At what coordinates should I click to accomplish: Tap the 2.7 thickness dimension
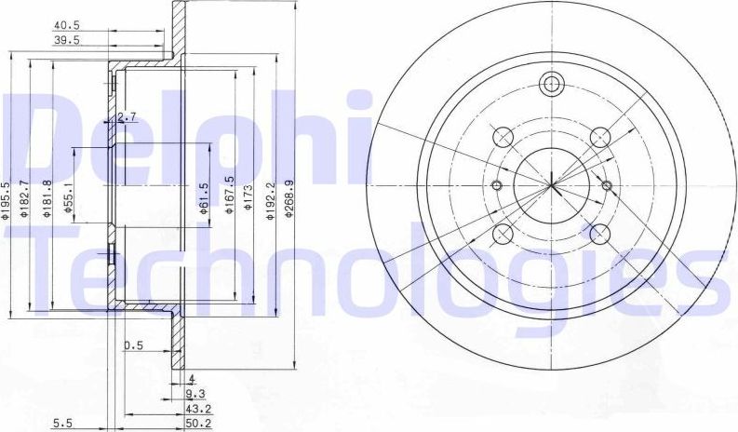click(128, 117)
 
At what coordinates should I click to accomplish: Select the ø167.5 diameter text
click(228, 196)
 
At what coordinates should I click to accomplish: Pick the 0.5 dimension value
click(133, 345)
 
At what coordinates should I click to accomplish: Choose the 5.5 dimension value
click(63, 423)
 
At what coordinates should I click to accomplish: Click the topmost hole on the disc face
click(553, 82)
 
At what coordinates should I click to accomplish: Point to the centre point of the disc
click(552, 183)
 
